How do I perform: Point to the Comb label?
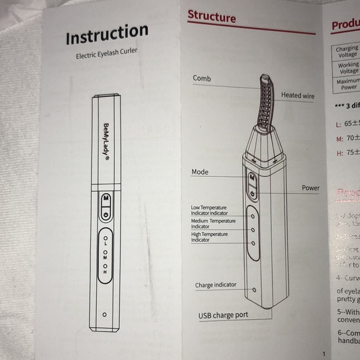(202, 79)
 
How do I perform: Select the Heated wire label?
(297, 96)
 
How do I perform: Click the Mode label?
(200, 172)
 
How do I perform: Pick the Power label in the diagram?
(310, 188)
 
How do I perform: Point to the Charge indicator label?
(215, 286)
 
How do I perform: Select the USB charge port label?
(223, 315)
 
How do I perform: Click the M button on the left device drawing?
(106, 199)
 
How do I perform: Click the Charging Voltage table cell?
(346, 52)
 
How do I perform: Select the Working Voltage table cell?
(348, 68)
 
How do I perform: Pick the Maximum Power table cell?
(348, 84)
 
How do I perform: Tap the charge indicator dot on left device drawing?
(104, 315)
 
